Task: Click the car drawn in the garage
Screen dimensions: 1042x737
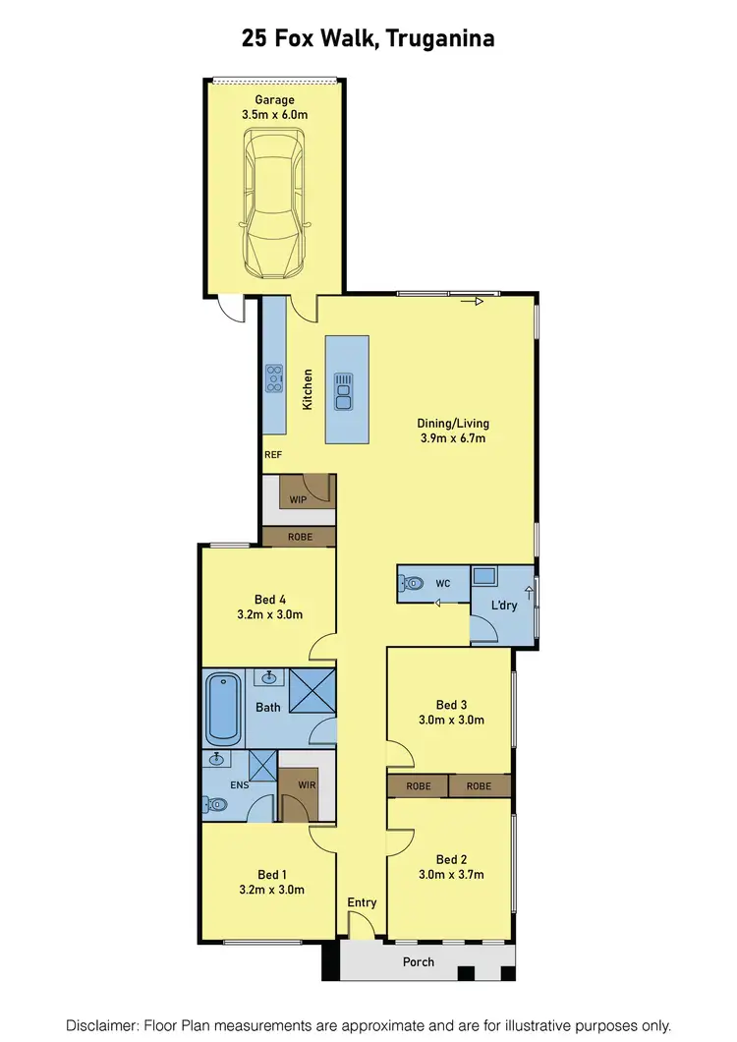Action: (x=274, y=205)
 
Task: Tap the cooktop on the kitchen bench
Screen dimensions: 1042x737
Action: (x=273, y=378)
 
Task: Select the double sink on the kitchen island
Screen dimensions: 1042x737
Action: (x=343, y=390)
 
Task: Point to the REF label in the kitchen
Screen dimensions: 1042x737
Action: (x=273, y=455)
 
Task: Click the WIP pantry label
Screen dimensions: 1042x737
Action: (x=299, y=499)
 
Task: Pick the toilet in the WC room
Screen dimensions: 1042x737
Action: (x=412, y=583)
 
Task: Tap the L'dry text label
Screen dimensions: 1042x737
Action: (x=504, y=605)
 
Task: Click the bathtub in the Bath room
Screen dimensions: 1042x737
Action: (x=222, y=708)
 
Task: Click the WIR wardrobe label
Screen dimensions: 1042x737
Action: (x=306, y=784)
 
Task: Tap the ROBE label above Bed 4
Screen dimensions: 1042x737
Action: (x=300, y=538)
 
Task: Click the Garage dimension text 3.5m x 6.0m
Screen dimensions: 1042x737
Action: (x=275, y=115)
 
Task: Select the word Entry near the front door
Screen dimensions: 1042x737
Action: (x=362, y=902)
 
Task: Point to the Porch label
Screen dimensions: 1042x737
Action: (x=419, y=961)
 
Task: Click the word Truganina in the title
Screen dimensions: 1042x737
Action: (x=440, y=39)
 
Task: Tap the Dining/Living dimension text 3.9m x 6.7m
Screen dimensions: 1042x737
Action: (x=453, y=438)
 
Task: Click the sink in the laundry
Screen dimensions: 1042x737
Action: (x=483, y=576)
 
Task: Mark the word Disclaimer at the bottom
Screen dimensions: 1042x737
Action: (x=103, y=1024)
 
